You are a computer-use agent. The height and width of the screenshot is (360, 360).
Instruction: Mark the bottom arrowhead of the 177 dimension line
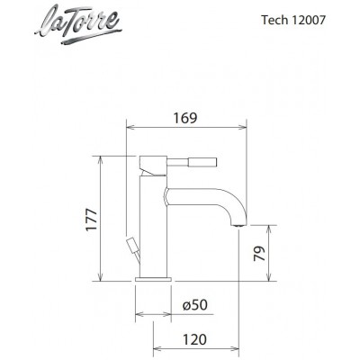[100, 277]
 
